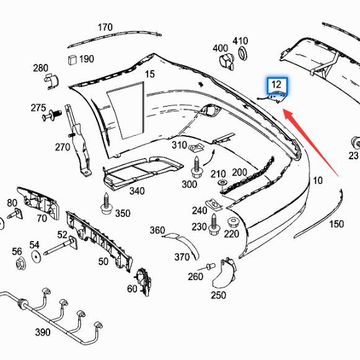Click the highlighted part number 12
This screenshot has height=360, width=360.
click(276, 84)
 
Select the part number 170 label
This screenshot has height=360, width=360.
click(105, 27)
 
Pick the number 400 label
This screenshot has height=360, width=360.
click(220, 48)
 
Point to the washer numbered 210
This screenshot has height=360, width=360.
click(222, 185)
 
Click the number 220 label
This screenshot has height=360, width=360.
click(231, 234)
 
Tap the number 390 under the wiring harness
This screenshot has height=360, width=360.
click(42, 333)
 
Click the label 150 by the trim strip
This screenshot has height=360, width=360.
click(336, 224)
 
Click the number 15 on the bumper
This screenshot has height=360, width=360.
click(150, 74)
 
